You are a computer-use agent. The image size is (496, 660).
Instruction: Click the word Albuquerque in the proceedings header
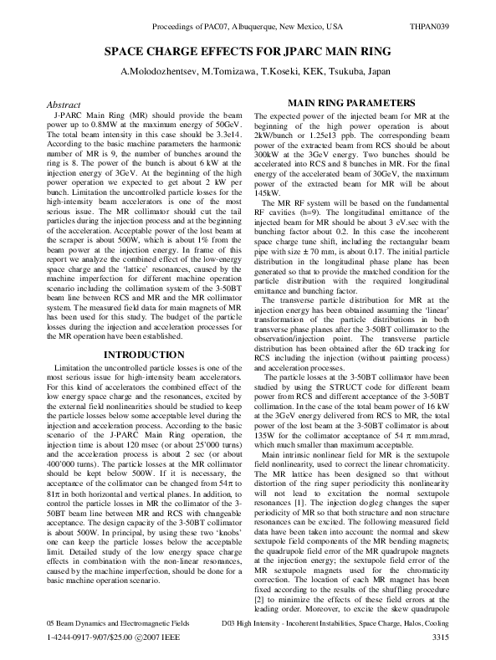(x=258, y=28)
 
